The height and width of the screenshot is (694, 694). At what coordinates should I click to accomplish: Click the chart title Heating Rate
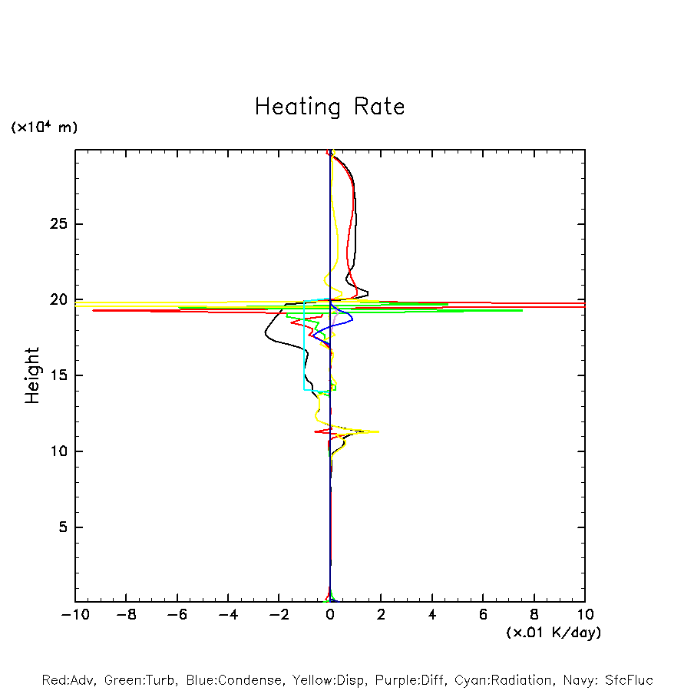pyautogui.click(x=329, y=106)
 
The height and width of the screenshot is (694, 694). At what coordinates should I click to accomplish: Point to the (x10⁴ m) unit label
pyautogui.click(x=44, y=127)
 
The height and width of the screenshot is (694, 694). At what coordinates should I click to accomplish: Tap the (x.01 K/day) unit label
pyautogui.click(x=554, y=633)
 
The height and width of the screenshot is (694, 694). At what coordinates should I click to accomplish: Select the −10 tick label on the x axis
pyautogui.click(x=74, y=614)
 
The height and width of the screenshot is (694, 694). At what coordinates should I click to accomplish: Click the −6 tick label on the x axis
pyautogui.click(x=177, y=614)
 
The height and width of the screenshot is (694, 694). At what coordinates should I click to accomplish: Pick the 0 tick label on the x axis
pyautogui.click(x=330, y=614)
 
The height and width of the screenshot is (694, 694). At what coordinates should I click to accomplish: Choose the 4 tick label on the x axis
pyautogui.click(x=432, y=614)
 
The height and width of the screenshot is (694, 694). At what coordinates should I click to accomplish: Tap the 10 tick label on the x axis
pyautogui.click(x=585, y=614)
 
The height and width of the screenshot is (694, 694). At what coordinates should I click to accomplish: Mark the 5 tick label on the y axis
pyautogui.click(x=64, y=527)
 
